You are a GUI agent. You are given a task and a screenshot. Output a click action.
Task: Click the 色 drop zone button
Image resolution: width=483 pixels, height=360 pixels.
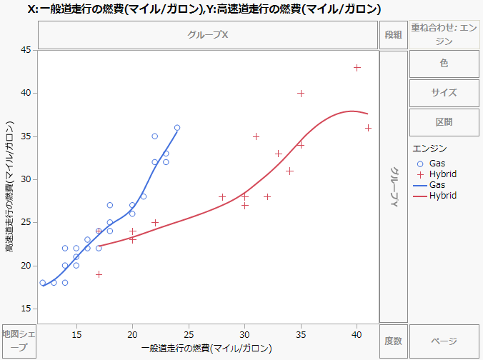pyautogui.click(x=444, y=63)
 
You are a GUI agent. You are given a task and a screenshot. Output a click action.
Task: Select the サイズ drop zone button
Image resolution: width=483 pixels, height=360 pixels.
pyautogui.click(x=444, y=92)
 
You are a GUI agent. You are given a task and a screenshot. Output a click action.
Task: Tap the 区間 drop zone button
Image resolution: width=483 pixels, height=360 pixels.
pyautogui.click(x=444, y=121)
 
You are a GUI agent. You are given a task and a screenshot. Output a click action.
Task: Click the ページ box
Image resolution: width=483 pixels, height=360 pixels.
pyautogui.click(x=444, y=341)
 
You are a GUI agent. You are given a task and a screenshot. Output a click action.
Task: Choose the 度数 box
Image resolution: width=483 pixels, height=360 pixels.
pyautogui.click(x=393, y=341)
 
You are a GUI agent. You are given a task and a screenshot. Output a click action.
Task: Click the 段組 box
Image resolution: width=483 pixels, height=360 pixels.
pyautogui.click(x=393, y=34)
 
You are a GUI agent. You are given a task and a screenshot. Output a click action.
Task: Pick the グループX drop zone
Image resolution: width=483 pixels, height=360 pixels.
pyautogui.click(x=208, y=34)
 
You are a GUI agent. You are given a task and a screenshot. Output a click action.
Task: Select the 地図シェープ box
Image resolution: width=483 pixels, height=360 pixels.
pyautogui.click(x=19, y=341)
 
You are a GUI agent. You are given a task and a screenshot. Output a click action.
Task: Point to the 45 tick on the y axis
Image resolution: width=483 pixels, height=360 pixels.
pyautogui.click(x=24, y=50)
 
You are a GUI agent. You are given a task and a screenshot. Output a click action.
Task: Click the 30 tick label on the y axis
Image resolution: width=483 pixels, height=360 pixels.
pyautogui.click(x=24, y=179)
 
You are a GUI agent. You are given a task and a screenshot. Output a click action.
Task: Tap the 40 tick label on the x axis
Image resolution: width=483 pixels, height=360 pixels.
pyautogui.click(x=357, y=334)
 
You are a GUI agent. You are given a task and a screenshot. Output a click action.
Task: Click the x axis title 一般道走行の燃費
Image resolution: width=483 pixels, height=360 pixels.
pyautogui.click(x=207, y=348)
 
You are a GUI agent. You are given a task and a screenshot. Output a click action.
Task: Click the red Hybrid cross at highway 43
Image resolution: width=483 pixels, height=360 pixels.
pyautogui.click(x=357, y=68)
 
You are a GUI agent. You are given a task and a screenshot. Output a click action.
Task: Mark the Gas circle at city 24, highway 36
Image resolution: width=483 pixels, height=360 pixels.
pyautogui.click(x=177, y=128)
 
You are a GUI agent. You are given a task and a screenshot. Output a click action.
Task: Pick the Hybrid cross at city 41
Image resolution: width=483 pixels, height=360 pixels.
pyautogui.click(x=368, y=128)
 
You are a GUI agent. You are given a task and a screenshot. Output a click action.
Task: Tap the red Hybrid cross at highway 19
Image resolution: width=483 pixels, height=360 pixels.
pyautogui.click(x=99, y=274)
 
